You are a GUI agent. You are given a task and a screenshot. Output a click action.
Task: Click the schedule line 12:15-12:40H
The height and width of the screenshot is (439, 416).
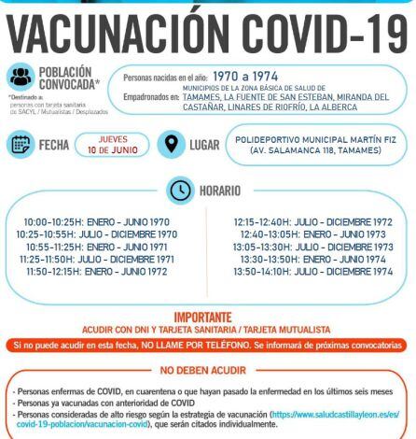click(x=312, y=222)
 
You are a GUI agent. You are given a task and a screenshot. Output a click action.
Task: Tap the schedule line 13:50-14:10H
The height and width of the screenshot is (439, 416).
click(x=312, y=271)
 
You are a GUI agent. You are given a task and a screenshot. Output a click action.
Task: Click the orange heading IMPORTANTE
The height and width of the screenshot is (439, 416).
click(x=207, y=318)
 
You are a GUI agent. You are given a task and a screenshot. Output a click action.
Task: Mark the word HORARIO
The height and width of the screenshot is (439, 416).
click(x=226, y=191)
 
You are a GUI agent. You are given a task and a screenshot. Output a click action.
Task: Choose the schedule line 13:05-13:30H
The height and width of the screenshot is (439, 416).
click(x=312, y=247)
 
